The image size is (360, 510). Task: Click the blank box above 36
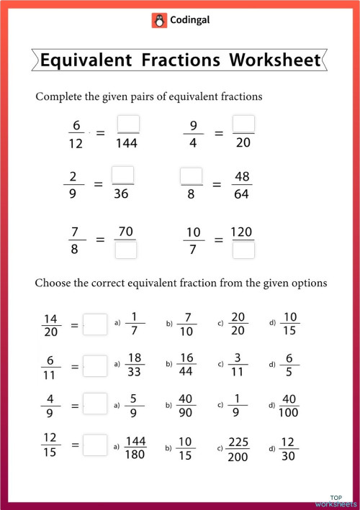pos(123,175)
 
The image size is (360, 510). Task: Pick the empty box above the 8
pos(192,176)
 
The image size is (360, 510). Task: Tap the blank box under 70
pos(126,250)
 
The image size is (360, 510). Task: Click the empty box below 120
pos(243,250)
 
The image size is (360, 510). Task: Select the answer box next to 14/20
pos(95,324)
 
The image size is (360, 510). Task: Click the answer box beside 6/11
pos(95,365)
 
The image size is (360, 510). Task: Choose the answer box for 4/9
pos(95,404)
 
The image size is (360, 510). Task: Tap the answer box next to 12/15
pos(95,445)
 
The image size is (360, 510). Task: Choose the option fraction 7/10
pos(186,324)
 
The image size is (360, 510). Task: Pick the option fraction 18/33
pos(135,365)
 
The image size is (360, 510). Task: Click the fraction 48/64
pos(243,185)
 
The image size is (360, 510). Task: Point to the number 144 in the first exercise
pos(127,143)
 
